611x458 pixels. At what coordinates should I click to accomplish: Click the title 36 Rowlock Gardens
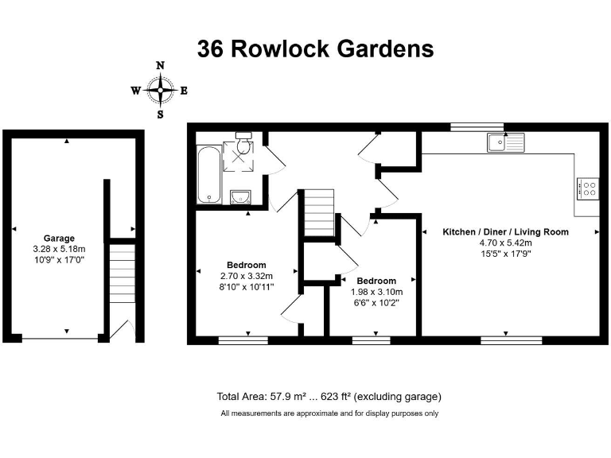click(x=315, y=49)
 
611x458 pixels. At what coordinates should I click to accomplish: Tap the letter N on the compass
click(x=161, y=66)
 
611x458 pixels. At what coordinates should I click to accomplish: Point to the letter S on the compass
click(x=161, y=114)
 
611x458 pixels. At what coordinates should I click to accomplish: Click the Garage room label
click(x=60, y=238)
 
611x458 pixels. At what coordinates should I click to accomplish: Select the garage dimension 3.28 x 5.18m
click(x=60, y=248)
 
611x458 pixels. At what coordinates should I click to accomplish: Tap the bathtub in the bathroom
click(x=208, y=174)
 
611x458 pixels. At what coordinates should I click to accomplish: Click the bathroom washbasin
click(x=240, y=196)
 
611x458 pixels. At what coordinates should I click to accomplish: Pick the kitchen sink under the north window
click(x=506, y=142)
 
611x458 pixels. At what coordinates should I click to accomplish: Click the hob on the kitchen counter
click(x=588, y=188)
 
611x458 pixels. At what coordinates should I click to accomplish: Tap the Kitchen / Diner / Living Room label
click(x=506, y=232)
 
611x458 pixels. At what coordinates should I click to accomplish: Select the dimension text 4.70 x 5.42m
click(x=506, y=243)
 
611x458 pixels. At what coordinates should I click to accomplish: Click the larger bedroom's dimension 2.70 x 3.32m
click(x=247, y=276)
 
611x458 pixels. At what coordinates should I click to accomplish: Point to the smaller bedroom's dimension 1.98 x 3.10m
click(x=376, y=292)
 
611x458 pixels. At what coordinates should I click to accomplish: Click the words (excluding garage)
click(x=397, y=396)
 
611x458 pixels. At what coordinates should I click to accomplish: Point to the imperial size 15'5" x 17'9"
click(x=506, y=253)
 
